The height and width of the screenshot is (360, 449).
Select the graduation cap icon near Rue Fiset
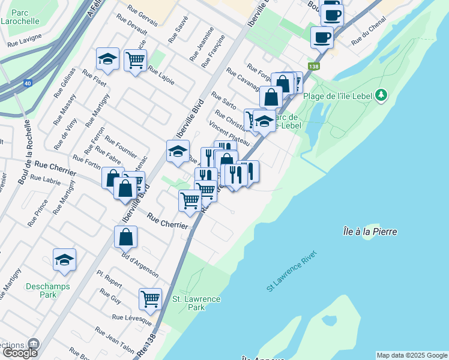pos(107,59)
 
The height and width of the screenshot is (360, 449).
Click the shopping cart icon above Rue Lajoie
pos(136,59)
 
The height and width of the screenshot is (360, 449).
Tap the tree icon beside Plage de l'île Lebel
pos(381,95)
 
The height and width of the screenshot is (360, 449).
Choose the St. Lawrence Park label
pos(196,303)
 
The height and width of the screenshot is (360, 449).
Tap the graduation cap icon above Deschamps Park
pos(64,259)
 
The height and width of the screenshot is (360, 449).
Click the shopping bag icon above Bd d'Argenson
pos(125,237)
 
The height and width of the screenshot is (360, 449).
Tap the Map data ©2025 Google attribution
pos(411,355)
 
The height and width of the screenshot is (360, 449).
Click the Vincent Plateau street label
pos(229,133)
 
